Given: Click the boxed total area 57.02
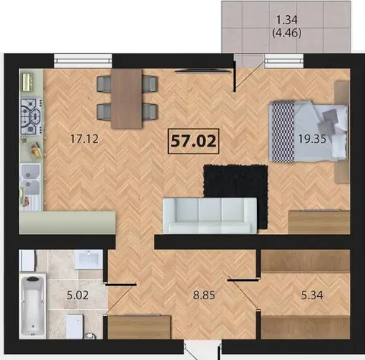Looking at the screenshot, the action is coord(193,141).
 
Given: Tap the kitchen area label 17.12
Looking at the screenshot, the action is coord(84,139).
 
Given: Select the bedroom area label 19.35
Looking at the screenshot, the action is coord(312,139).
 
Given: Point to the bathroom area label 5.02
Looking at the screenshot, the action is coord(78,295).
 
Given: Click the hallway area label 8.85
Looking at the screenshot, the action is coord(204,295).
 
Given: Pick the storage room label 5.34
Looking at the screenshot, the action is coord(312,295).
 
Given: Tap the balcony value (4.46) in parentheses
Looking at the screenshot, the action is coord(287,33).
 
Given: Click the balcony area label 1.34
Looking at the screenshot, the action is coord(287,20).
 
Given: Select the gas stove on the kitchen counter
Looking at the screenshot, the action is coord(31,117).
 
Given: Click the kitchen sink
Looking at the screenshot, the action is coord(30,179).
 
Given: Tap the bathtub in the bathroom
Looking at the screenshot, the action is coord(33,306).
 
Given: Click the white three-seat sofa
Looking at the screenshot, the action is coord(210,216).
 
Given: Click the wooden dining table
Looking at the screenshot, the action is coord(127,99).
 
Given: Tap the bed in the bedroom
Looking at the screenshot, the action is coord(309,131).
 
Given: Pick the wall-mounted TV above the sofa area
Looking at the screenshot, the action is coord(203,71).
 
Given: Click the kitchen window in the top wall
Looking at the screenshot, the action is coord(83,61).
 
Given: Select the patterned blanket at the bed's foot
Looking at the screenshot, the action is coord(283,131).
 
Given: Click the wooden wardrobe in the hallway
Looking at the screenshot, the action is coord(139,327).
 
